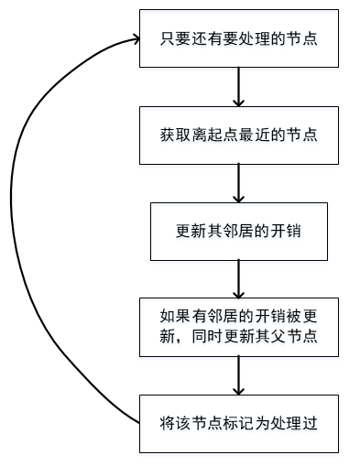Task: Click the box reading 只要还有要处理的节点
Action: tap(238, 38)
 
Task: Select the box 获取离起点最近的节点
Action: tap(238, 134)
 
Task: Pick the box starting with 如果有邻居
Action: tap(238, 327)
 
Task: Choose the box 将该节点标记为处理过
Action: tap(238, 423)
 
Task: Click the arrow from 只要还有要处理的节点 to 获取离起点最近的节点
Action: tap(238, 86)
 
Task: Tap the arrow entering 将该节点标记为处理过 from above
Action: tap(238, 375)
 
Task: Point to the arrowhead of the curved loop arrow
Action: tap(134, 39)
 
